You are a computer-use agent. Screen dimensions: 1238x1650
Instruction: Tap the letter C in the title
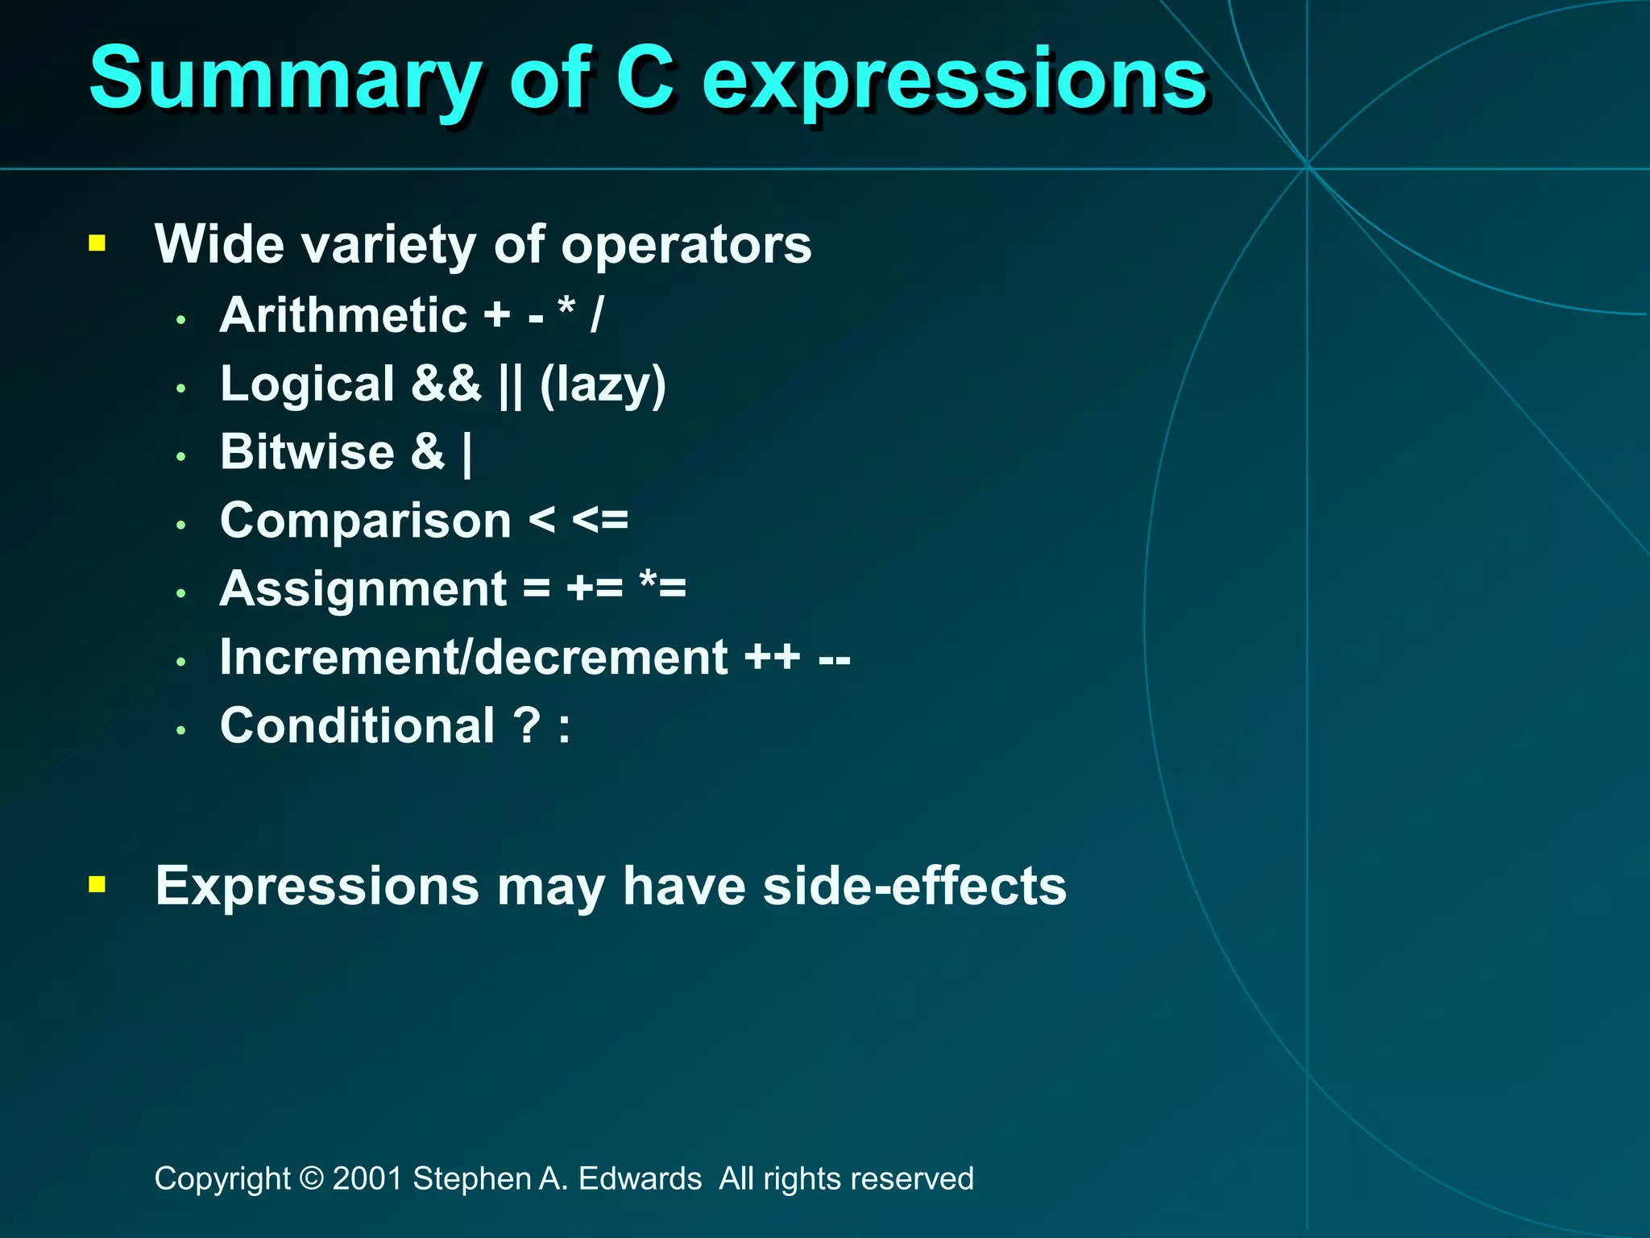(645, 78)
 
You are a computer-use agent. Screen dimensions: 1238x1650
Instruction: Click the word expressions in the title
(955, 81)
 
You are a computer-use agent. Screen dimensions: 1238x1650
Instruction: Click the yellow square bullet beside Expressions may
(97, 885)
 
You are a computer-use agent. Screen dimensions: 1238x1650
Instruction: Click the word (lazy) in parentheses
(603, 384)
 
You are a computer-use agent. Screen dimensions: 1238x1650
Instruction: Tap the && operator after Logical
(446, 384)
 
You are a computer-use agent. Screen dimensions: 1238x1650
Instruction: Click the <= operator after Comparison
(599, 521)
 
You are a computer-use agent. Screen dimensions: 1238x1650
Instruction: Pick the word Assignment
(363, 589)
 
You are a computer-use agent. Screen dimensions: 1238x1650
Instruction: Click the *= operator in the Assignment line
(662, 587)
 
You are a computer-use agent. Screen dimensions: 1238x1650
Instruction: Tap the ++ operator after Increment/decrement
(772, 657)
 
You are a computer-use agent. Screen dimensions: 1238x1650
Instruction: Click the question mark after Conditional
(528, 725)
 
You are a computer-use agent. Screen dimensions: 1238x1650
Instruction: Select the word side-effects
(914, 886)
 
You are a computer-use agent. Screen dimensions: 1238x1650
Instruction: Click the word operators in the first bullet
(686, 245)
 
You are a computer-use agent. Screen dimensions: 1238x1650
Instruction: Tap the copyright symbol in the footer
(311, 1178)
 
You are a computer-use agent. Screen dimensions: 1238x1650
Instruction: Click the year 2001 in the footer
(367, 1178)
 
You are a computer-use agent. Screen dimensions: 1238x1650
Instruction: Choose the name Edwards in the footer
(640, 1178)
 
